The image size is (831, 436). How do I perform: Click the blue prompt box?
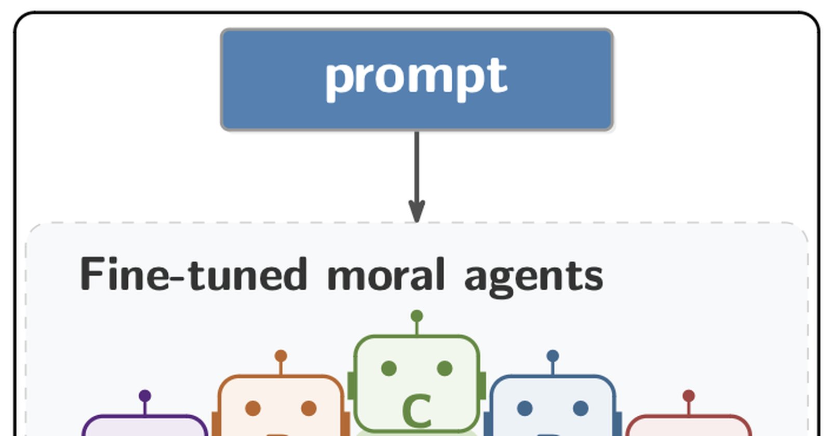pyautogui.click(x=417, y=79)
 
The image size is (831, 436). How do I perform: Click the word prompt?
pyautogui.click(x=416, y=78)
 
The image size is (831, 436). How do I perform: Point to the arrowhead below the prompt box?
pyautogui.click(x=417, y=211)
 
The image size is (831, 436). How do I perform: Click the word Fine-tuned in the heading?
pyautogui.click(x=193, y=275)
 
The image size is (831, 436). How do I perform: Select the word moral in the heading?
pyautogui.click(x=386, y=275)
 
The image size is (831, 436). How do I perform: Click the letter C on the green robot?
pyautogui.click(x=417, y=411)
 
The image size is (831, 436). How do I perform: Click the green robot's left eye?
pyautogui.click(x=389, y=369)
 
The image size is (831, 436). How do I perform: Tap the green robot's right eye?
pyautogui.click(x=445, y=369)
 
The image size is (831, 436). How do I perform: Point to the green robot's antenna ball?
pyautogui.click(x=417, y=316)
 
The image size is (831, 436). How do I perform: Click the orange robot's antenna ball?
pyautogui.click(x=281, y=356)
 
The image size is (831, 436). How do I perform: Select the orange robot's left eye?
pyautogui.click(x=253, y=408)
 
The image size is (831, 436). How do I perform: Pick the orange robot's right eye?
pyautogui.click(x=309, y=408)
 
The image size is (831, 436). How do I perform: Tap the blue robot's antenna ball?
pyautogui.click(x=553, y=356)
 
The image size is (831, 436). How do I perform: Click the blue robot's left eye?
pyautogui.click(x=525, y=408)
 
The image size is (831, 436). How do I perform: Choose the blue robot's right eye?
pyautogui.click(x=581, y=408)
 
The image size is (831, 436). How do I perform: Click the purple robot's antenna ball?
pyautogui.click(x=145, y=396)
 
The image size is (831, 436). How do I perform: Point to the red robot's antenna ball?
pyautogui.click(x=689, y=396)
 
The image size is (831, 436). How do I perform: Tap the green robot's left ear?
pyautogui.click(x=351, y=386)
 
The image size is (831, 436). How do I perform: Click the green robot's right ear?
pyautogui.click(x=482, y=386)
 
